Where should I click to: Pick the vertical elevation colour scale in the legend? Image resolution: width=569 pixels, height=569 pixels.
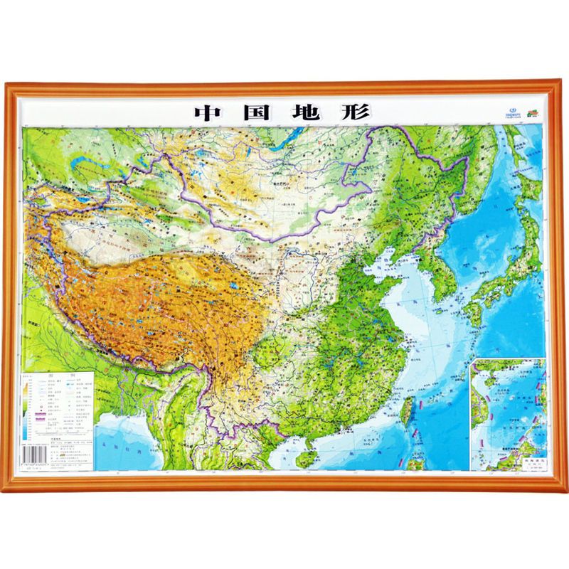coord(28,409)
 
